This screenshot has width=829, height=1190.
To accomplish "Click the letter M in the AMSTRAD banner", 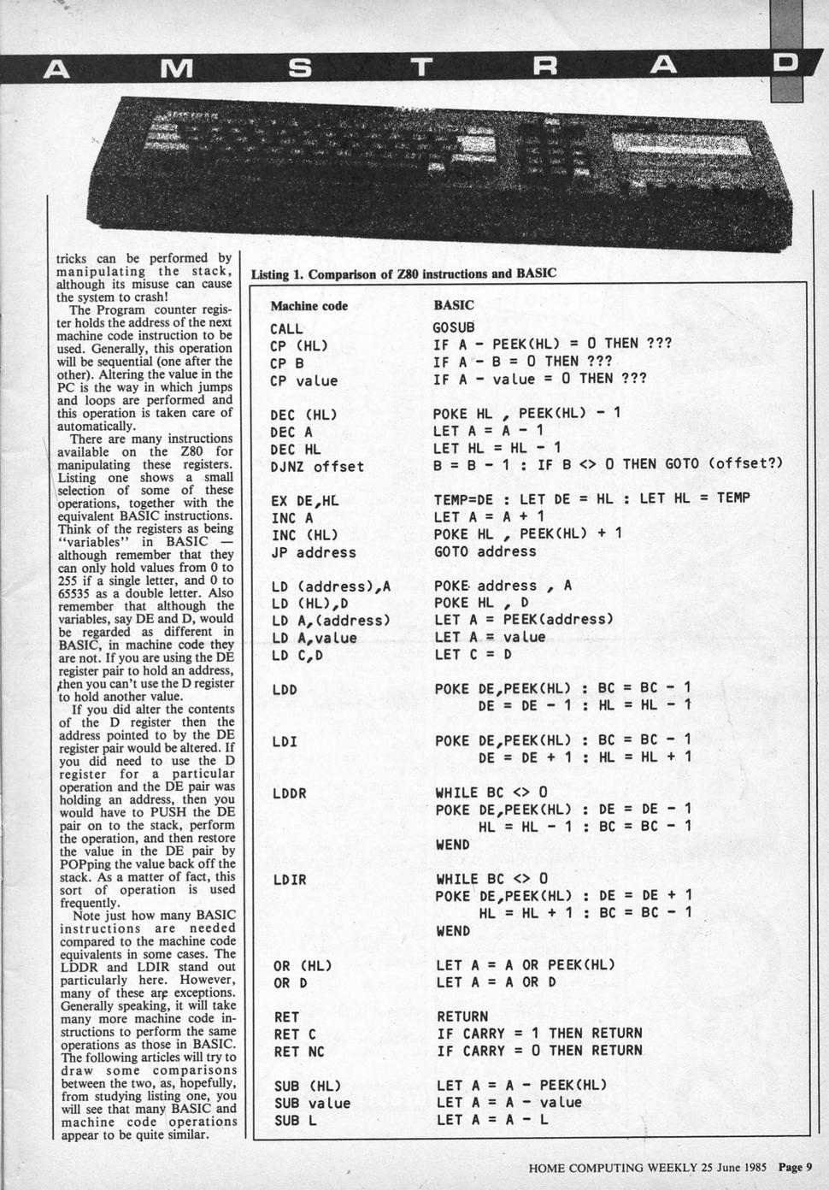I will (x=176, y=69).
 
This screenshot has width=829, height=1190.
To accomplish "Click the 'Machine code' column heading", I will (x=309, y=305).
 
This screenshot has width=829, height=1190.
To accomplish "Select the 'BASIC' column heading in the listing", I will (x=453, y=304).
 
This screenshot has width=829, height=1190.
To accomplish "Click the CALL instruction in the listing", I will (x=286, y=329).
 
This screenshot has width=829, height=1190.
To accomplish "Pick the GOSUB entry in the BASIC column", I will (x=453, y=327).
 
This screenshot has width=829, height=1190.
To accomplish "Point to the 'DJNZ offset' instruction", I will (x=317, y=467).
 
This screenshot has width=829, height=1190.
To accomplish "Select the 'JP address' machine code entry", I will (x=313, y=552).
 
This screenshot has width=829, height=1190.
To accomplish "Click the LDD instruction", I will (x=285, y=689).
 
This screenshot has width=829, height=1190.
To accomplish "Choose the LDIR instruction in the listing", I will (x=289, y=879).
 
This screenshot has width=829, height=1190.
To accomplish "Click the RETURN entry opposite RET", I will (x=462, y=1016).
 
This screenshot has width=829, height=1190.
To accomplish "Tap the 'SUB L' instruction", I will (x=295, y=1120).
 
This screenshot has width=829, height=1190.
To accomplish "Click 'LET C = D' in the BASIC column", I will (x=473, y=654).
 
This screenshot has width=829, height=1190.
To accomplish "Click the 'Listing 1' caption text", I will (x=403, y=274).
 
